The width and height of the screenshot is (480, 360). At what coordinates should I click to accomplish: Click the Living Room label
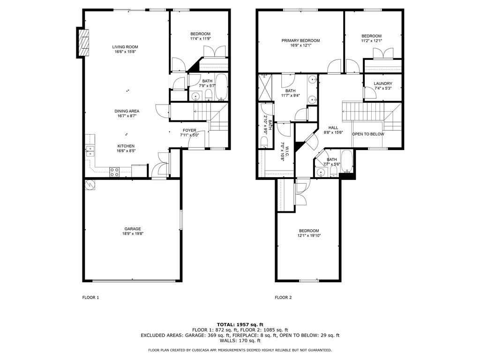tap(125, 47)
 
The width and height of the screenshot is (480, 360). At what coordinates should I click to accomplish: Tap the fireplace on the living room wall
tap(83, 42)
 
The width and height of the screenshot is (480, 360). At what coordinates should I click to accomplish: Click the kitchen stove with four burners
tap(114, 172)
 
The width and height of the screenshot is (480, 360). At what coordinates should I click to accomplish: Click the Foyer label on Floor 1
tap(189, 130)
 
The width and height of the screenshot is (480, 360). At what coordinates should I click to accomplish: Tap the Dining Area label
tap(127, 111)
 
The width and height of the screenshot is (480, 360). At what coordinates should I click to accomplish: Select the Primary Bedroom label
tap(300, 41)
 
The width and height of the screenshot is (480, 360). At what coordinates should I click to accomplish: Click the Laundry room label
tap(383, 84)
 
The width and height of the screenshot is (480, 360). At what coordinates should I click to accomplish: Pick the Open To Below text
tap(368, 134)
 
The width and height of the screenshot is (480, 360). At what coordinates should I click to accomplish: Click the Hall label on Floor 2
tap(333, 127)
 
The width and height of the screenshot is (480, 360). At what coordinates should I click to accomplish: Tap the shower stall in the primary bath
tap(265, 88)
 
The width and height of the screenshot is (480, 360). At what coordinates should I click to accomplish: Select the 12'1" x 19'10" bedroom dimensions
tap(309, 236)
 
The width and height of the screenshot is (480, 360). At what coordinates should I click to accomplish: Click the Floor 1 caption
tap(91, 297)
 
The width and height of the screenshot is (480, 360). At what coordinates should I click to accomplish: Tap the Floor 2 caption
tap(283, 297)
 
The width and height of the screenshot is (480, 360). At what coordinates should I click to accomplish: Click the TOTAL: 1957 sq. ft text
tap(240, 324)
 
